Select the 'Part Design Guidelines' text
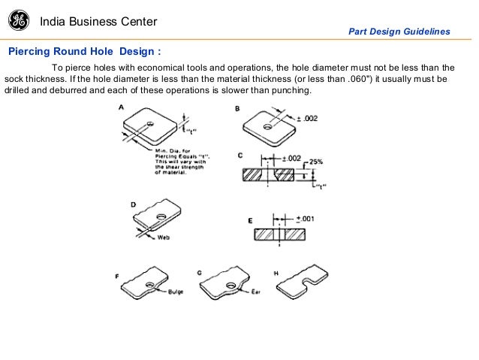tap(399, 32)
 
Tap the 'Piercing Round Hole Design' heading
tap(84, 52)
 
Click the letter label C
tap(239, 156)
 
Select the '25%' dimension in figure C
tap(315, 162)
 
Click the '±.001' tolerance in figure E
tap(305, 218)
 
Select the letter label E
tap(250, 221)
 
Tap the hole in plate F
tap(151, 285)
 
